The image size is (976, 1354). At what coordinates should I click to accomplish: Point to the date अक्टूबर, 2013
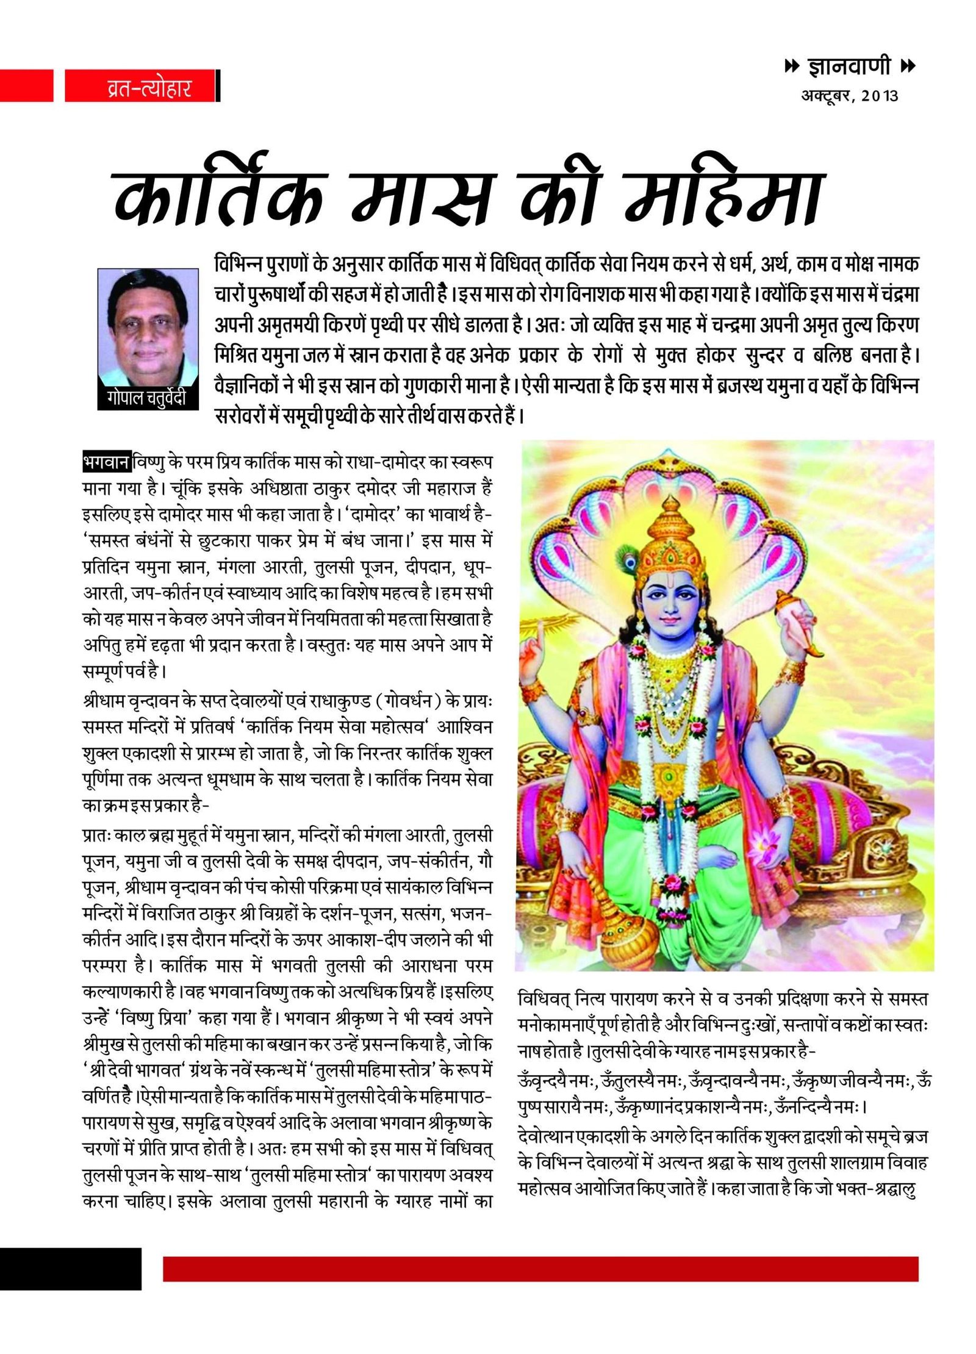pos(849,96)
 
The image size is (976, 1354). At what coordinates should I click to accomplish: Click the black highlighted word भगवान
pos(106,462)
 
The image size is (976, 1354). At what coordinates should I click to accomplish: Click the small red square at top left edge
pos(26,85)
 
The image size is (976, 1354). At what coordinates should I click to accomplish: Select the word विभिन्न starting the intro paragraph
pos(239,265)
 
